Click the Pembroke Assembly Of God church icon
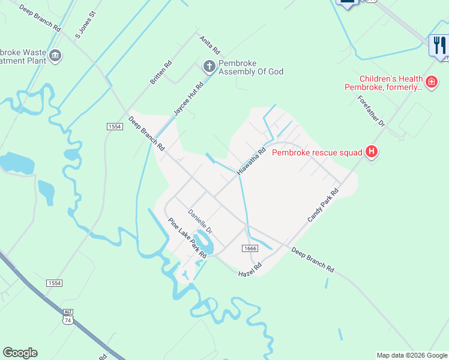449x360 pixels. point(209,66)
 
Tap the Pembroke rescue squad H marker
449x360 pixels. point(372,152)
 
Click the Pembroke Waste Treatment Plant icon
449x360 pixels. point(56,56)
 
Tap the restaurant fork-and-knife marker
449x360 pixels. point(439,44)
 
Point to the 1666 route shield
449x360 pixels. point(250,248)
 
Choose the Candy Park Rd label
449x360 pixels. point(323,205)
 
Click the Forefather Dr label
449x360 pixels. point(370,112)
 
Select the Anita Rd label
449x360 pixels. point(209,43)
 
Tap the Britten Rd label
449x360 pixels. point(161,72)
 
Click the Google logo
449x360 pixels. point(20,353)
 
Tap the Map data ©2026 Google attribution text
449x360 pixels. point(412,355)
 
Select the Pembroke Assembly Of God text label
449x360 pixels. point(250,67)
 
